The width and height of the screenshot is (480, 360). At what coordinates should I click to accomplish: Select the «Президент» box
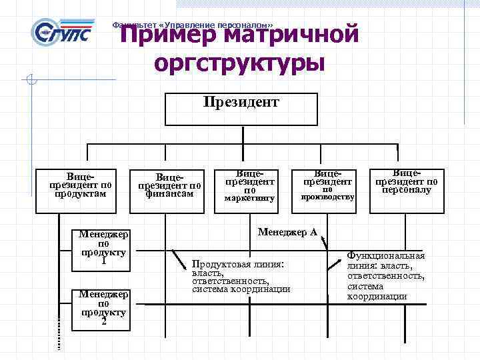point(241,109)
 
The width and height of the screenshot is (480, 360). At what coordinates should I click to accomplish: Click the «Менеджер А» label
point(287,233)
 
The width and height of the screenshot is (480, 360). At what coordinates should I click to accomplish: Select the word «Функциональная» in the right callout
point(386,256)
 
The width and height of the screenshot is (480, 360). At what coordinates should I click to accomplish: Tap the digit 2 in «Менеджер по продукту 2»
point(103,323)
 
